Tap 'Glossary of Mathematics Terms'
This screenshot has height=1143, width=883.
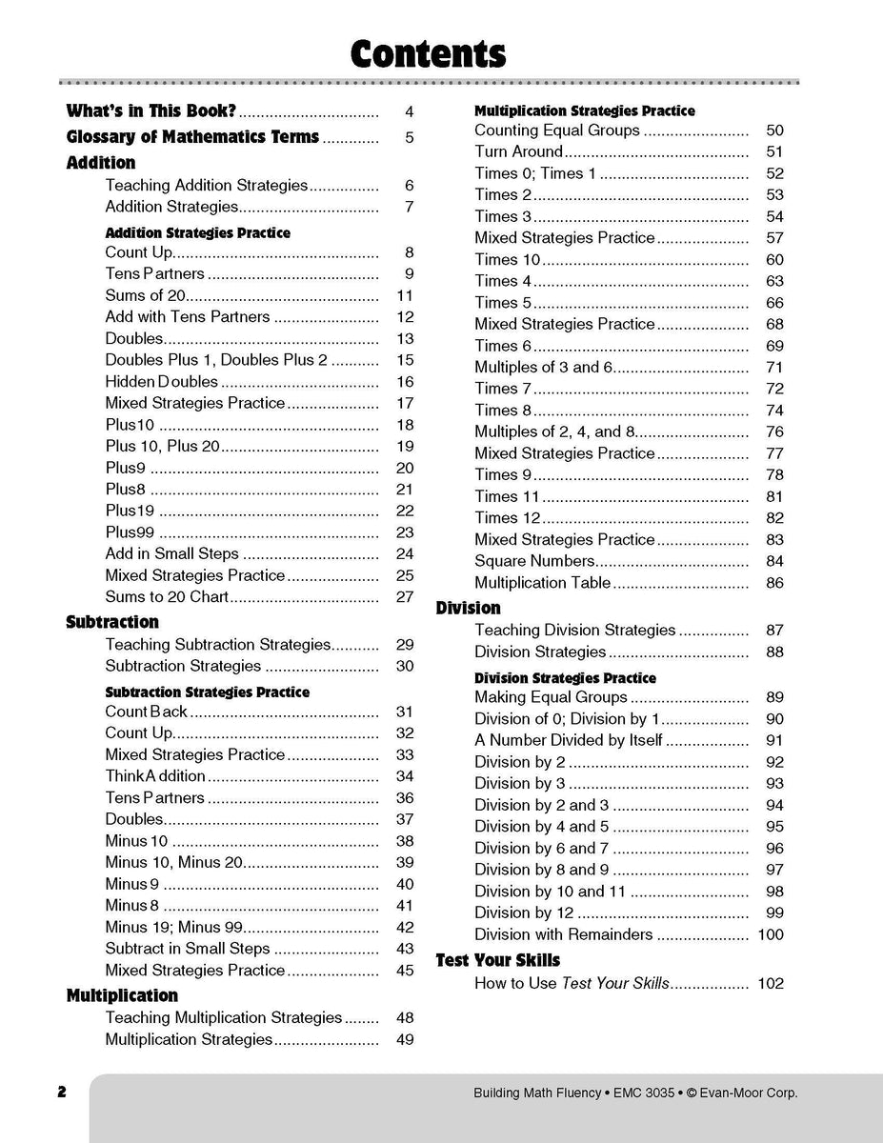tap(192, 137)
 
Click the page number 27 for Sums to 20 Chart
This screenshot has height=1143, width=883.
tap(405, 597)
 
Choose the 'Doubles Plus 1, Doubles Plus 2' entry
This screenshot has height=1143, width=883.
tap(216, 360)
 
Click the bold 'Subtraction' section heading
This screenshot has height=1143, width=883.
tap(112, 622)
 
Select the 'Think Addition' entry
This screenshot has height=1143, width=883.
tap(155, 776)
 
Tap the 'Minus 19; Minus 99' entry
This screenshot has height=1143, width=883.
tap(174, 927)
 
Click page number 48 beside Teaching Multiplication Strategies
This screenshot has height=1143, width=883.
tap(405, 1018)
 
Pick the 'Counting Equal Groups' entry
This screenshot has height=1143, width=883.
tap(557, 130)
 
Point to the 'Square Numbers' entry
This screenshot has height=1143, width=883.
tap(534, 561)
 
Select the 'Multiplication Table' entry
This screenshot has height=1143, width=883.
tap(543, 583)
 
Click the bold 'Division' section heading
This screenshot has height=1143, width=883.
tap(469, 608)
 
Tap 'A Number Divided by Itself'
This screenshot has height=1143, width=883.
tap(569, 740)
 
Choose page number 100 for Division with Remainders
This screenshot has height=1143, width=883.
tap(771, 934)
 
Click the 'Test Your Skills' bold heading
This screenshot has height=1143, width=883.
tap(498, 960)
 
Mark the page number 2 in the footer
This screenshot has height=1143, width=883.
tap(62, 1092)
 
